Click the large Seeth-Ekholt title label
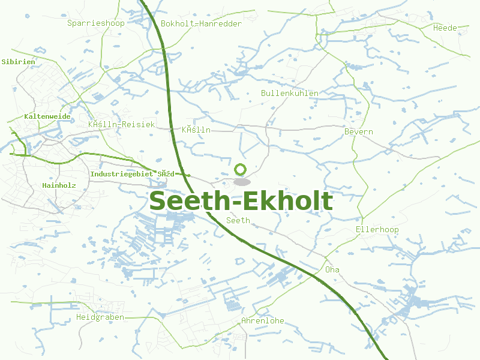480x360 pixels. tap(241, 202)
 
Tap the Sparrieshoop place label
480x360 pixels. tap(95, 23)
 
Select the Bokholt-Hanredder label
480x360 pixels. tap(202, 24)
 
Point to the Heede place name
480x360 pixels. tap(445, 28)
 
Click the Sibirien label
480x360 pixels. tap(19, 62)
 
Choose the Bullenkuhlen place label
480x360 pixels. tap(290, 94)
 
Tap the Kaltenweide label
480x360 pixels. tap(47, 116)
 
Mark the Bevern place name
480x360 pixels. tap(359, 132)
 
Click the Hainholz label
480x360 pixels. tap(59, 186)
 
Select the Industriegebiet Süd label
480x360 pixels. tap(132, 174)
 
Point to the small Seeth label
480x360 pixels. tap(238, 221)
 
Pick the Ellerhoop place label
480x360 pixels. tap(377, 230)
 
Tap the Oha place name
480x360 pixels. tap(332, 270)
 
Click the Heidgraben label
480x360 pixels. tap(100, 317)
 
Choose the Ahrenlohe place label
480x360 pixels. tap(262, 321)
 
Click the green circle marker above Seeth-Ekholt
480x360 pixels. tap(241, 169)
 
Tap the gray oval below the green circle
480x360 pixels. tap(241, 181)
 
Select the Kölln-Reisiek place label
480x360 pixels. tap(121, 125)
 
